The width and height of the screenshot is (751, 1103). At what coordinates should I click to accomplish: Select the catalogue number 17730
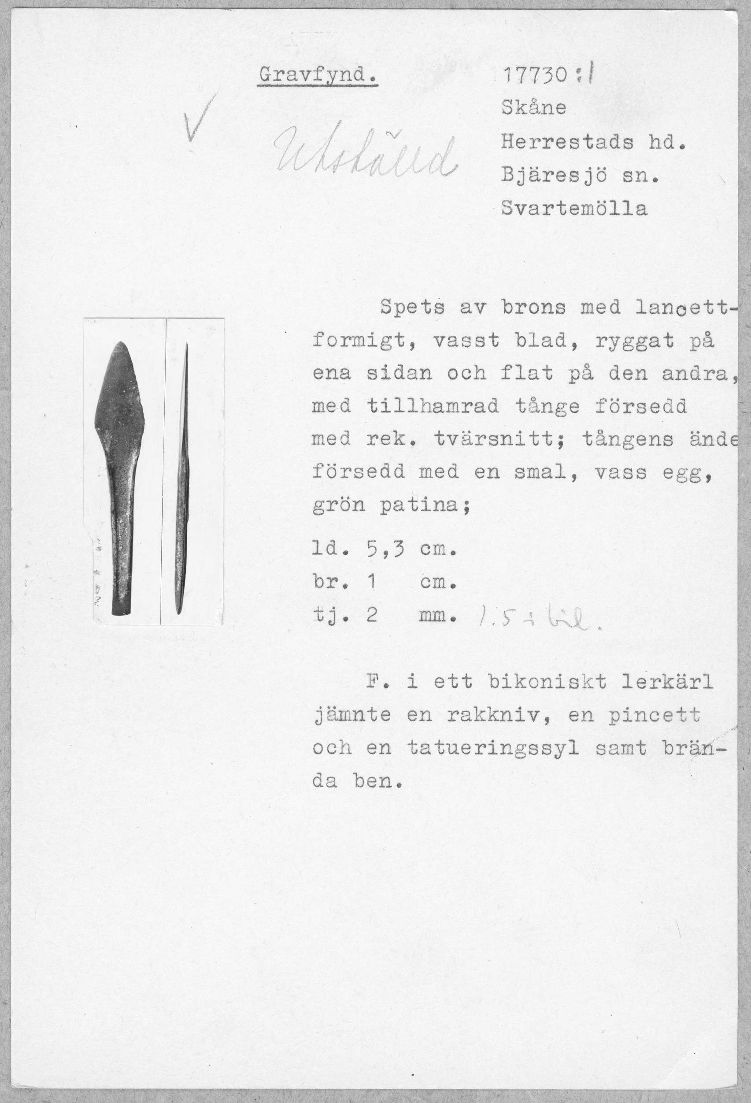tap(533, 76)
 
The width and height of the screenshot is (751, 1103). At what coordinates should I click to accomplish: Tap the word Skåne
tap(533, 108)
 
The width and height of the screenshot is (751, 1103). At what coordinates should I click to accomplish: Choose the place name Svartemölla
tap(574, 209)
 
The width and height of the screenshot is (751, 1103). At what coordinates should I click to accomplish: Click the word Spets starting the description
tap(412, 308)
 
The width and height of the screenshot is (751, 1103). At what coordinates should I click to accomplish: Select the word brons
tap(534, 308)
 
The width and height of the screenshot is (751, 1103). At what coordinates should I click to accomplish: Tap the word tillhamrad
tap(432, 406)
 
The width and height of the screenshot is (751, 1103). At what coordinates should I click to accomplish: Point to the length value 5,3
tap(385, 550)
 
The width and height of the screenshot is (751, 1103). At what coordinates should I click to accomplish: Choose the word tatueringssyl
tap(493, 748)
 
